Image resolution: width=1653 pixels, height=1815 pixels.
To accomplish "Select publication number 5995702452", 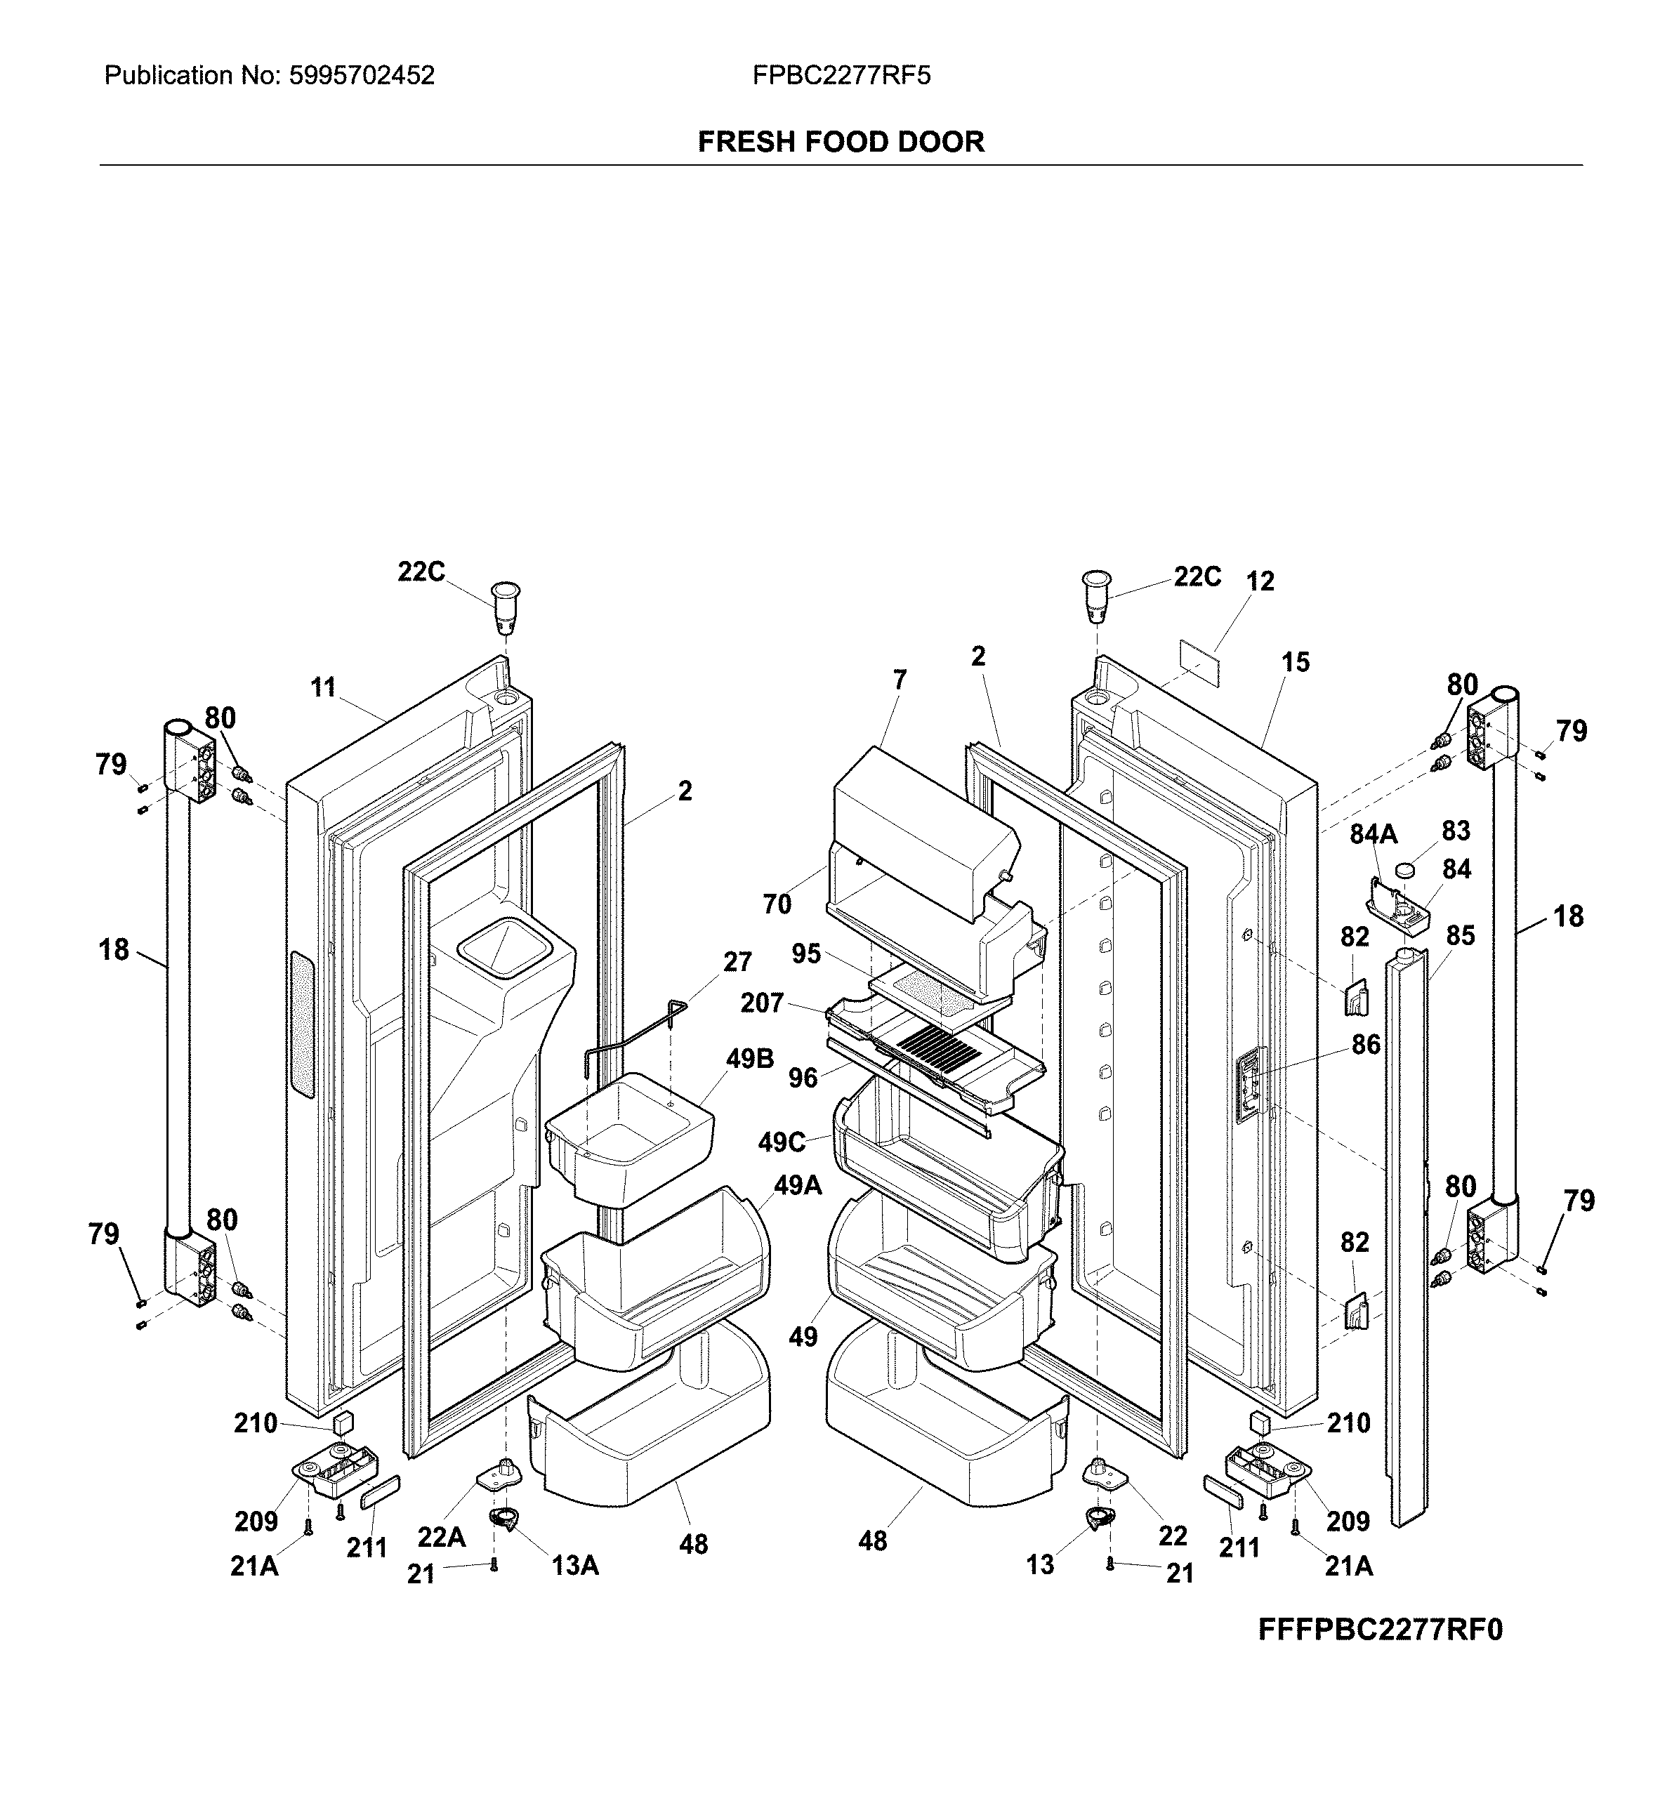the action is click(361, 76).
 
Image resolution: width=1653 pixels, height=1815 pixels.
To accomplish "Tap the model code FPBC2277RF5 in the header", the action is click(842, 76).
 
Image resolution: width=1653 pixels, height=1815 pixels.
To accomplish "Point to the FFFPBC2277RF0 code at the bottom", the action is click(1381, 1630).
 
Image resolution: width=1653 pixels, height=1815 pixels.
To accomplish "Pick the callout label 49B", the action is click(750, 1059).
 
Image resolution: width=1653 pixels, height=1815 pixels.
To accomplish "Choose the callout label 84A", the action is click(1373, 835).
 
